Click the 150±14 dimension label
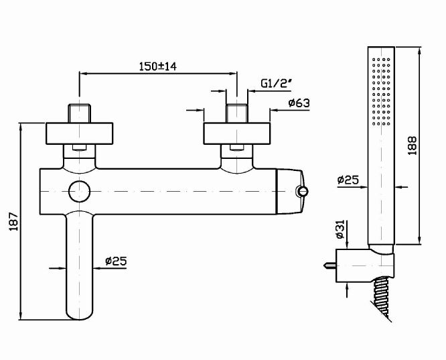158,66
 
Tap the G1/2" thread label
277,83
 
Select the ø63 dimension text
299,103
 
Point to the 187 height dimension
13,221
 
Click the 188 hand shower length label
412,145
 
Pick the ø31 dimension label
340,229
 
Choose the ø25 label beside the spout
116,261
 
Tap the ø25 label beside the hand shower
348,180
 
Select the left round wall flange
80,133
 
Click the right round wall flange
237,133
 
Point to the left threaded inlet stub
80,113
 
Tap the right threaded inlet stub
237,113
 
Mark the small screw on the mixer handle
303,191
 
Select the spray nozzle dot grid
381,91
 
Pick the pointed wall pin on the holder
329,265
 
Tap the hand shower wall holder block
365,265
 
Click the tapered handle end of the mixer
290,191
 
